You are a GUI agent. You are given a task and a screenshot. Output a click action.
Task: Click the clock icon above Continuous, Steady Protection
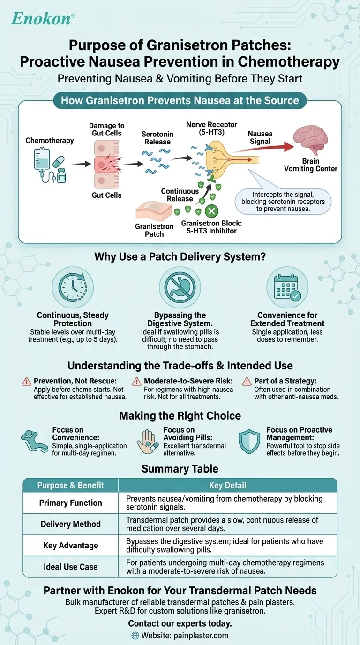[x=73, y=287]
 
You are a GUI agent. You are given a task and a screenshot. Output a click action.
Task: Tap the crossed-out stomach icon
[x=180, y=287]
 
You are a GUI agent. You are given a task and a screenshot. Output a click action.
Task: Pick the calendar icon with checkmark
[x=287, y=287]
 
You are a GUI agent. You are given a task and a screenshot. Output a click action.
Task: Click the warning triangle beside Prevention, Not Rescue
[x=27, y=382]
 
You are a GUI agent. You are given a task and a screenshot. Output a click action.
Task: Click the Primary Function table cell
[x=70, y=502]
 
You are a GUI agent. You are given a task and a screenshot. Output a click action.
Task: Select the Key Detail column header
[x=227, y=485]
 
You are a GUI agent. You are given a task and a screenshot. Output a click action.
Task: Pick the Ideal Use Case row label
[x=70, y=567]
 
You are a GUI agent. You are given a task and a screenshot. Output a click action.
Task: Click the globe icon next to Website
[x=135, y=636]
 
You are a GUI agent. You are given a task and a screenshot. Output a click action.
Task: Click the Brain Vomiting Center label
[x=311, y=165]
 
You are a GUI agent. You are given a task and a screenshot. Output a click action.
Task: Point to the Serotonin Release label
[x=157, y=138]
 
